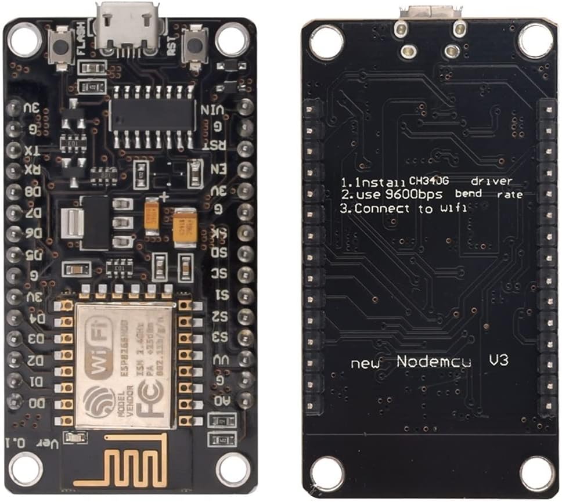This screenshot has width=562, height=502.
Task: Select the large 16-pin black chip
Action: click(x=153, y=114)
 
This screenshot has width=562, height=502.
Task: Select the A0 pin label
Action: click(x=221, y=400)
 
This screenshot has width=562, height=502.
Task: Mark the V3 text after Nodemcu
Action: click(x=499, y=360)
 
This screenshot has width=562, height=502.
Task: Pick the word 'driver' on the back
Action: click(x=492, y=180)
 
